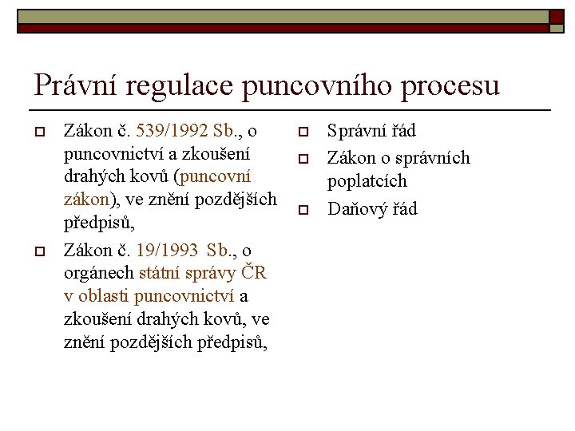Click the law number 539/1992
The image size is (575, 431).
tap(173, 130)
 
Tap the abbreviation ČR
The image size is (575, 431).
tap(253, 274)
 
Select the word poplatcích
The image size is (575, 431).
tap(367, 181)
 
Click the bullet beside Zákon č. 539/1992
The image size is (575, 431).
tap(37, 131)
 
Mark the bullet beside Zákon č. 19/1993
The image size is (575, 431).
tap(37, 251)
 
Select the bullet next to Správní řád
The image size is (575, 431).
tap(303, 131)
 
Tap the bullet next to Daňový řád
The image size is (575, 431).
tap(303, 210)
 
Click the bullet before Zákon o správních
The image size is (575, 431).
tap(303, 159)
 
